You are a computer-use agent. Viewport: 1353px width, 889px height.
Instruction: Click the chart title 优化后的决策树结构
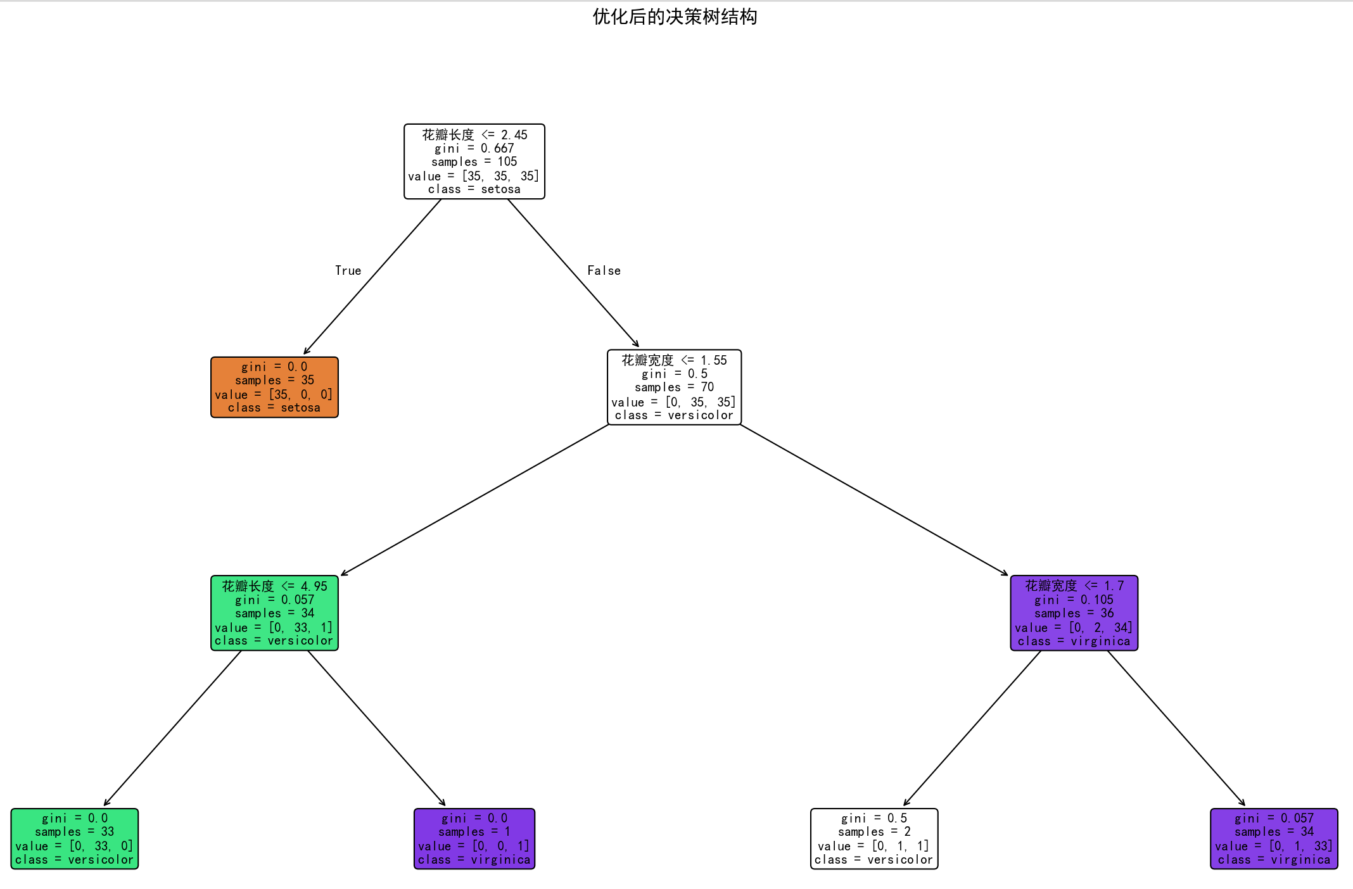coord(675,17)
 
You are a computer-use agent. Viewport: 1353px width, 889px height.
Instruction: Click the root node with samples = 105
coord(474,161)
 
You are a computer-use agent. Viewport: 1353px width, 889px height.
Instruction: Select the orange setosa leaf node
coord(274,387)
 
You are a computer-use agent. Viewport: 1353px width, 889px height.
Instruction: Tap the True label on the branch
coord(348,271)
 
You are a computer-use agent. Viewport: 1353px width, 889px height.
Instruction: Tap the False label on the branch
coord(604,271)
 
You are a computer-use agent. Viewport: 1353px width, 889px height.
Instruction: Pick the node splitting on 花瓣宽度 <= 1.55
coord(674,387)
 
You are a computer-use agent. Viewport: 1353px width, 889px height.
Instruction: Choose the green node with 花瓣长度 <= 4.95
coord(274,613)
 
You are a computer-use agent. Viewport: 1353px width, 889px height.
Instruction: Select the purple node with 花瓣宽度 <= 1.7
coord(1074,613)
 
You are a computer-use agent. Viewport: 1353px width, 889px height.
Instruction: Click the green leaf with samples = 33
coord(74,838)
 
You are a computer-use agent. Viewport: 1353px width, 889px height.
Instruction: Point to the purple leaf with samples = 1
coord(474,838)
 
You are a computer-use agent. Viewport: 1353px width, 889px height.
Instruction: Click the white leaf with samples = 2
coord(874,838)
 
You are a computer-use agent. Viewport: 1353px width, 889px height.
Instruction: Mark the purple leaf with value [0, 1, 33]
coord(1274,838)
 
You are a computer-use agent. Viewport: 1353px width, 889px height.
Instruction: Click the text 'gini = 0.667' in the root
coord(474,148)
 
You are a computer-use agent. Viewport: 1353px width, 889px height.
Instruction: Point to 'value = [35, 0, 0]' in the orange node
coord(274,394)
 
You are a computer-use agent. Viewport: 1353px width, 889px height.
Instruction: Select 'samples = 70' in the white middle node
coord(674,387)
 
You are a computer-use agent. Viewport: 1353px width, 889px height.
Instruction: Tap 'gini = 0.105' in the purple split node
coord(1074,600)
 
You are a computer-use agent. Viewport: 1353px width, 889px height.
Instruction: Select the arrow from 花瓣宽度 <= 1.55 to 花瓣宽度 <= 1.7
coord(874,500)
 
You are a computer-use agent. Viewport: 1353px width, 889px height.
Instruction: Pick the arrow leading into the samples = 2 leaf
coord(972,728)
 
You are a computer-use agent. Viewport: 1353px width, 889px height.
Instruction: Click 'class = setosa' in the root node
coord(474,189)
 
